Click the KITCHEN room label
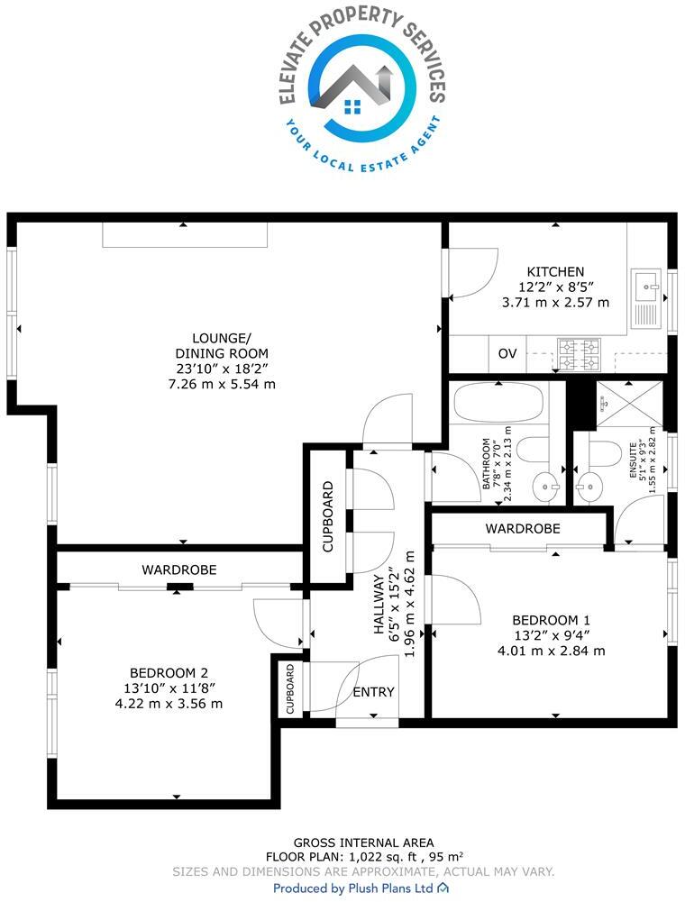(x=555, y=271)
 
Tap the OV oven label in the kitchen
(x=507, y=353)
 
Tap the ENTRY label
(x=373, y=692)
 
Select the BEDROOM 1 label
(x=551, y=620)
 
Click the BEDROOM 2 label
(x=169, y=672)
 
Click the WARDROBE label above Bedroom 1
(x=523, y=528)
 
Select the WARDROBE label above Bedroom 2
(x=178, y=569)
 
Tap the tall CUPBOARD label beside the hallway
(x=328, y=517)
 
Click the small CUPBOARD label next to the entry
(x=290, y=690)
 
